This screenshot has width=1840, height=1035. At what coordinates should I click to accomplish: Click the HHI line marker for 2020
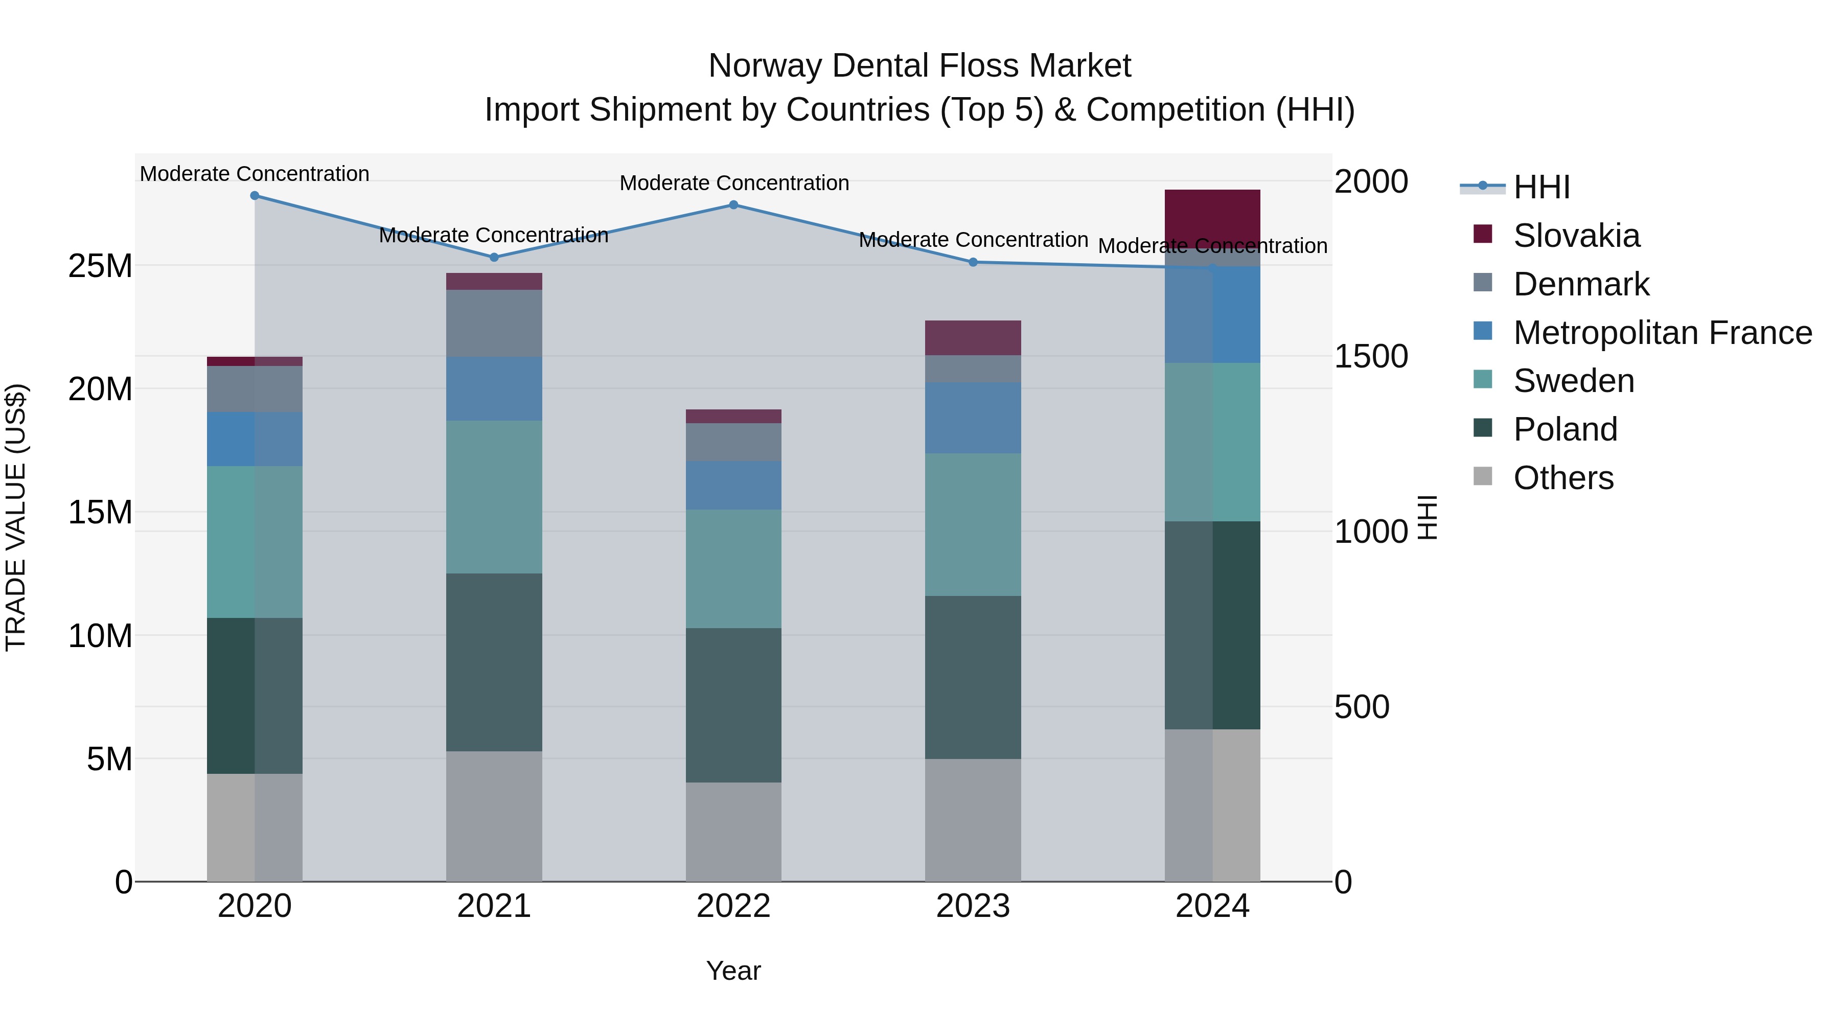click(x=255, y=196)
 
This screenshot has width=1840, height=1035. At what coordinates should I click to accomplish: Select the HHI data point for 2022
click(x=733, y=205)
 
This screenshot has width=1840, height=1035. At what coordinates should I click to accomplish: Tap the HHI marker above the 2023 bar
click(x=973, y=262)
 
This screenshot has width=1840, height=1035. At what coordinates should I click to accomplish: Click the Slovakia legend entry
click(x=1576, y=236)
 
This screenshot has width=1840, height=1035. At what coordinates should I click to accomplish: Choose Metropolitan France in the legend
click(x=1662, y=333)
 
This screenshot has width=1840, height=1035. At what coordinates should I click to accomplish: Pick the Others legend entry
click(x=1563, y=478)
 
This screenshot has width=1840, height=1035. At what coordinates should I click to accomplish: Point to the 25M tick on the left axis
click(x=100, y=266)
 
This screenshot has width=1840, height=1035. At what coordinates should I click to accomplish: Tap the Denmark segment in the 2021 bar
click(x=494, y=323)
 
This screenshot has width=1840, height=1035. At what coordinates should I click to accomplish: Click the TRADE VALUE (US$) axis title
click(x=16, y=518)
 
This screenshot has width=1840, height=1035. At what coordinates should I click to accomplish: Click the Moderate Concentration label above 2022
click(x=733, y=183)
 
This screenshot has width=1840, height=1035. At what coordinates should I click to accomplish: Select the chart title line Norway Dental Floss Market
click(x=919, y=66)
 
